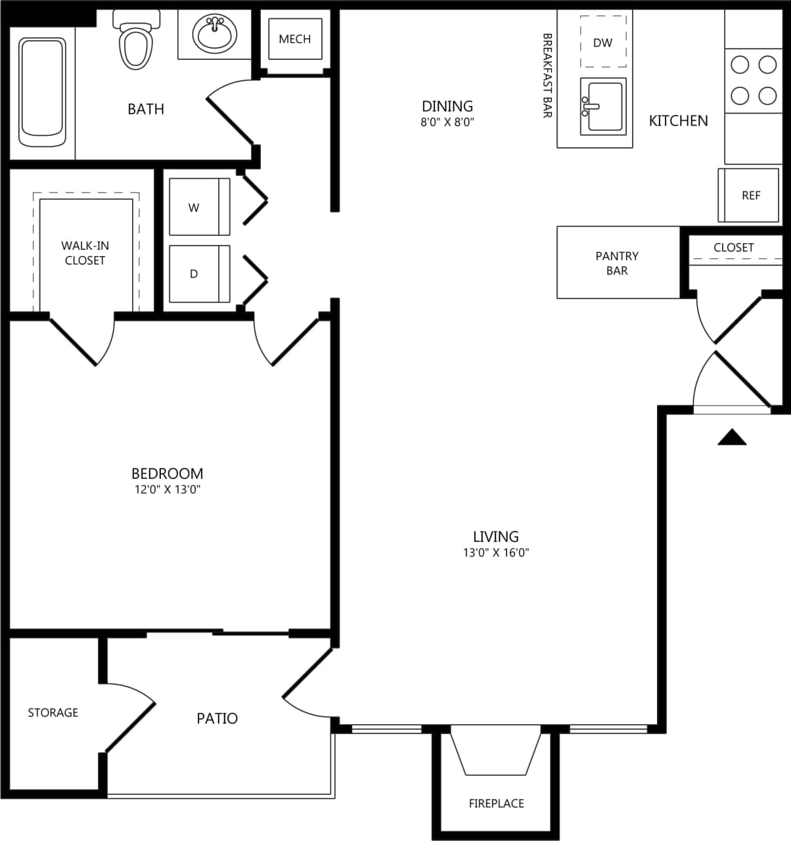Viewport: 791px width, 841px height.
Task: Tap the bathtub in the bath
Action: tap(42, 92)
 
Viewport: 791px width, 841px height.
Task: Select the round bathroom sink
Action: tap(215, 34)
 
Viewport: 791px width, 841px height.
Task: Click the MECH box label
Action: tap(294, 39)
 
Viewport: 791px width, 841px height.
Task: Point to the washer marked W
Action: tap(199, 207)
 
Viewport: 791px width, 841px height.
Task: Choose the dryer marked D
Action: tap(199, 274)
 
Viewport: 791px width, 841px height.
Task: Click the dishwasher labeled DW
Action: tap(602, 43)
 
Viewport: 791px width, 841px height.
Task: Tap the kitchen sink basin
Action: tap(604, 106)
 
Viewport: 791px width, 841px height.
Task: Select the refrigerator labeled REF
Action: tap(750, 195)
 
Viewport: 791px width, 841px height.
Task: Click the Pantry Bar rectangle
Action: tap(617, 263)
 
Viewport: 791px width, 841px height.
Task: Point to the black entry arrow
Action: tap(732, 438)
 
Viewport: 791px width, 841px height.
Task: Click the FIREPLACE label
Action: tap(496, 803)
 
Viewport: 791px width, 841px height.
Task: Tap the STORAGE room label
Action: tap(53, 712)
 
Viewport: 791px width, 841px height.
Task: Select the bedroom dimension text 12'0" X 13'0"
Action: tap(167, 489)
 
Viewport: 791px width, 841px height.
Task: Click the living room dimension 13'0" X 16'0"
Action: tap(495, 553)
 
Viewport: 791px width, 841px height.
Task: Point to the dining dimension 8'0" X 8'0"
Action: tap(447, 122)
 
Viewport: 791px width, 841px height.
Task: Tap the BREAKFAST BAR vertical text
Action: tap(547, 76)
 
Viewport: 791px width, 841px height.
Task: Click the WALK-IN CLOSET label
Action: tap(85, 253)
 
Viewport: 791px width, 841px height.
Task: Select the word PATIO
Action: tap(217, 718)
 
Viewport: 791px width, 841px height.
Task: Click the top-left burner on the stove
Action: tap(740, 64)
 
